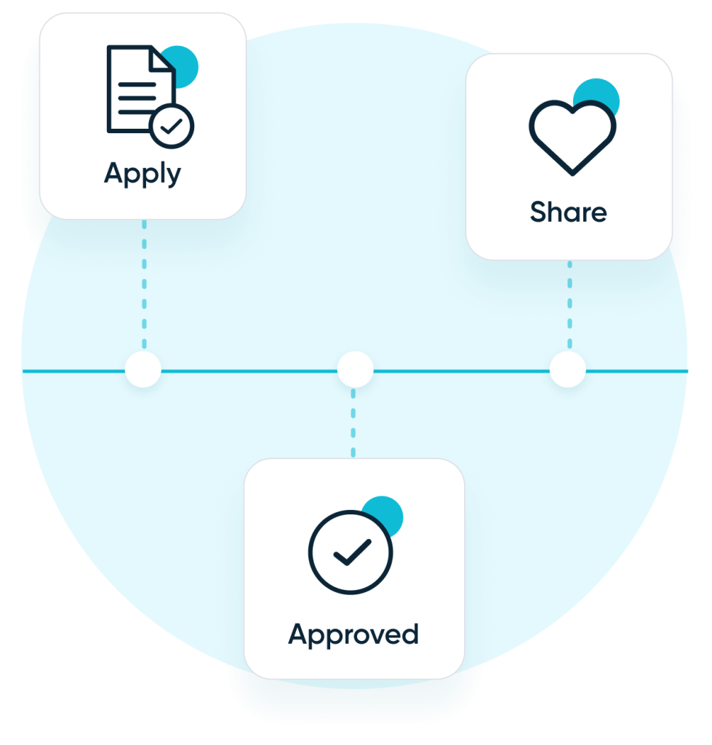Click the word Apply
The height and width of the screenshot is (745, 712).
(143, 174)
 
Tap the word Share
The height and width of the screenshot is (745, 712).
(568, 212)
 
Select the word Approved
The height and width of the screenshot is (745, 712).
(353, 634)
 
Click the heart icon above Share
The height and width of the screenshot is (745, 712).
(572, 137)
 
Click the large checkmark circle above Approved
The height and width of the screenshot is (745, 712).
(350, 552)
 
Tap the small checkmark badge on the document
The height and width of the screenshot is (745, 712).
(172, 127)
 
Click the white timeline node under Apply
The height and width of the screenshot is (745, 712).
(143, 370)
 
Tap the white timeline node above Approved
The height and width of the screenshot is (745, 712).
(355, 370)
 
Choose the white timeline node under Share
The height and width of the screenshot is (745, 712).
(567, 370)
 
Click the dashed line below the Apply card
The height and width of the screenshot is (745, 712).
(143, 284)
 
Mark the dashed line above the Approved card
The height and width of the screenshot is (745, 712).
(353, 422)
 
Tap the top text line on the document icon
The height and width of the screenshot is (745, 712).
(137, 79)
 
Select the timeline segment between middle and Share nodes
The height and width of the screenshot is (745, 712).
(461, 371)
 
